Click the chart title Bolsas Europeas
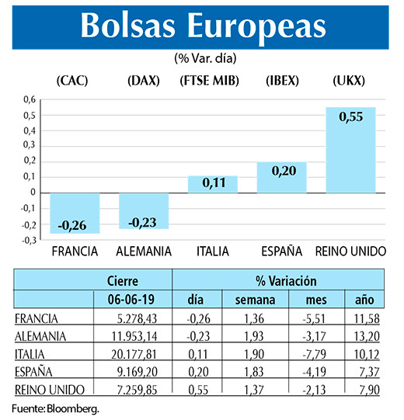tap(202, 26)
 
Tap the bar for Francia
tap(74, 213)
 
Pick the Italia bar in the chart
tap(212, 184)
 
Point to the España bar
tap(281, 177)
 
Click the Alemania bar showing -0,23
tap(143, 210)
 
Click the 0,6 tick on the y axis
tap(29, 99)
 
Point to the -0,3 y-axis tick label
tap(28, 240)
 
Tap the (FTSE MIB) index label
tap(210, 81)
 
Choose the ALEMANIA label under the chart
tap(143, 252)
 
